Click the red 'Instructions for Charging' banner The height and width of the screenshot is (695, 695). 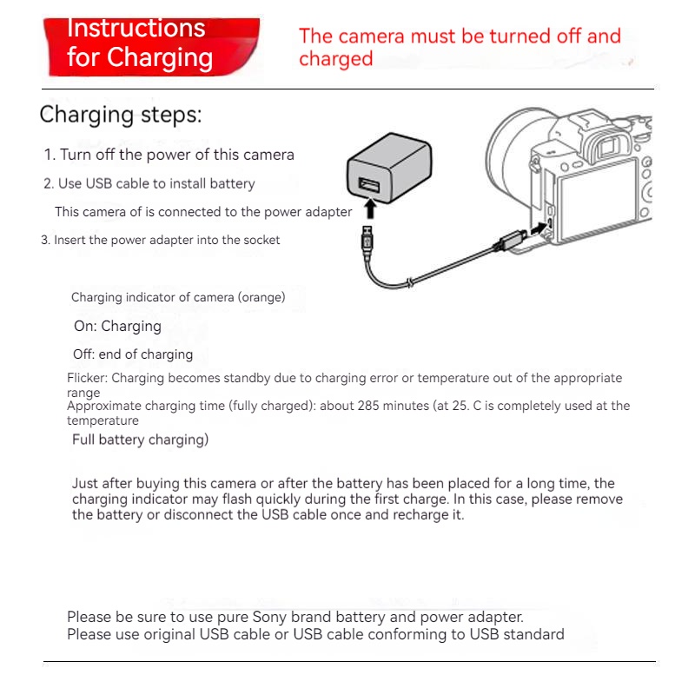(151, 47)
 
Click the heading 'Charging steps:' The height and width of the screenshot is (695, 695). (121, 115)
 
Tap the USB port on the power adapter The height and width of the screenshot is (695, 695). (368, 185)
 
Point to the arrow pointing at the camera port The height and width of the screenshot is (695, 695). (539, 228)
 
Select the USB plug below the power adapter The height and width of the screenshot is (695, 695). (367, 241)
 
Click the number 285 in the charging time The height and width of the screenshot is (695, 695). (368, 406)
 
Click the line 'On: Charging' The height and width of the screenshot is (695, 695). (117, 327)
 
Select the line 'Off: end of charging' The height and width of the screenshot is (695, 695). (133, 354)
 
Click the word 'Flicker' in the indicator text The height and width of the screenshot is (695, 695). (87, 378)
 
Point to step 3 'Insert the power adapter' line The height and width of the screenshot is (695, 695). (160, 240)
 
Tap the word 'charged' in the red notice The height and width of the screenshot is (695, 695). (336, 59)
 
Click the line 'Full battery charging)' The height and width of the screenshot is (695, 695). (140, 440)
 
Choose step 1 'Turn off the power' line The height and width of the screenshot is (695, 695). (169, 155)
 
